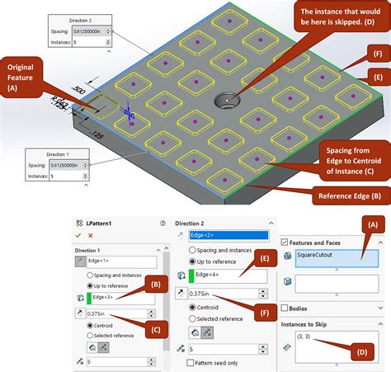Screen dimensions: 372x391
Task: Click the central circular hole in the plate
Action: tap(224, 102)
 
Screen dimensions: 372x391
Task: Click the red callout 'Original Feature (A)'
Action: tap(25, 77)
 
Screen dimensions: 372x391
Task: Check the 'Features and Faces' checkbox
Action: tap(285, 242)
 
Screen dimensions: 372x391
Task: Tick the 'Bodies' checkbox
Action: tap(285, 308)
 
